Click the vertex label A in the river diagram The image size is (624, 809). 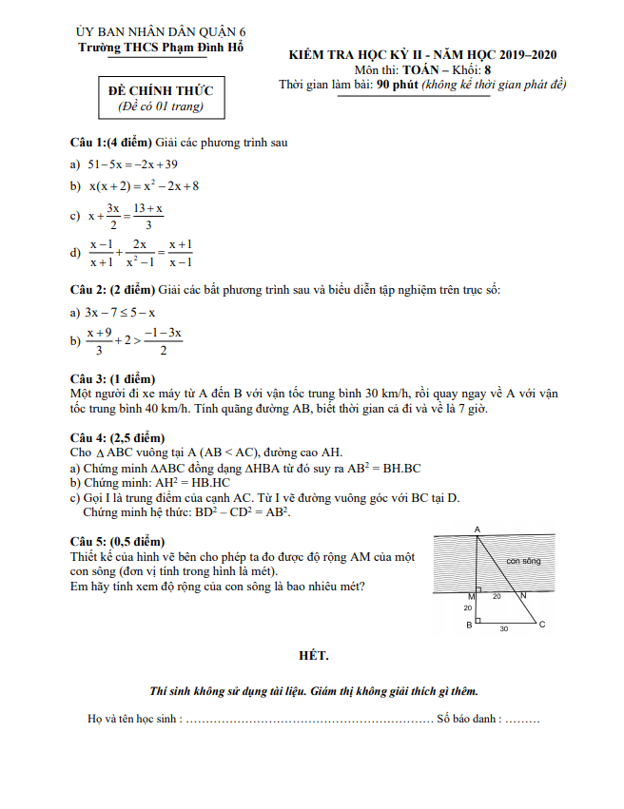(x=477, y=530)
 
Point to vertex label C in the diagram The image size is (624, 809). (x=542, y=625)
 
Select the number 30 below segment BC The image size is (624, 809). (x=504, y=629)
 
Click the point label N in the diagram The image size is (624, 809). (x=523, y=596)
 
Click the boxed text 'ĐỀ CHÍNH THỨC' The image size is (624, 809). (x=161, y=91)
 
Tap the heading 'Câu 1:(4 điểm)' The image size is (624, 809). (x=111, y=143)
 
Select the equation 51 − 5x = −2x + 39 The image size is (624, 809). (x=133, y=164)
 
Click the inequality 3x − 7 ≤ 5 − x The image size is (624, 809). (x=120, y=312)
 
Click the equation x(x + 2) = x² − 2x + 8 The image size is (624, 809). (x=144, y=186)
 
